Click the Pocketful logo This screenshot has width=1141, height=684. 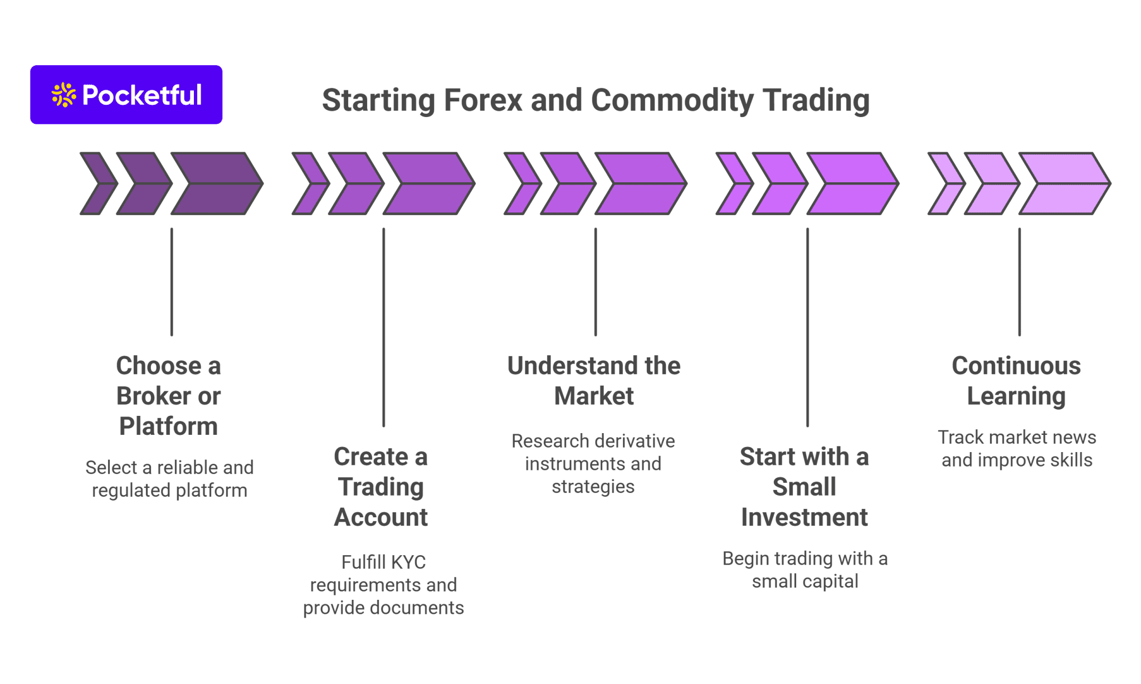coord(126,95)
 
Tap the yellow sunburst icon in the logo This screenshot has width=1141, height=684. coord(64,95)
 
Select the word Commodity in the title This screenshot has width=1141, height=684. coord(672,100)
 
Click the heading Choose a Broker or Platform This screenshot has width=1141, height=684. coord(168,396)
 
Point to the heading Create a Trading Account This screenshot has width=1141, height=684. coord(381,487)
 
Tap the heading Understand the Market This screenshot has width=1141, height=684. coord(594,381)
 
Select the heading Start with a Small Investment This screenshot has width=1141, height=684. coord(804,487)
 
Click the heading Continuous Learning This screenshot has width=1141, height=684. coord(1016,381)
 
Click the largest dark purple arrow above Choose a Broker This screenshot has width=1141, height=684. coord(217,183)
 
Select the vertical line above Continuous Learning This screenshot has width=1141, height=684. coord(1020,282)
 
